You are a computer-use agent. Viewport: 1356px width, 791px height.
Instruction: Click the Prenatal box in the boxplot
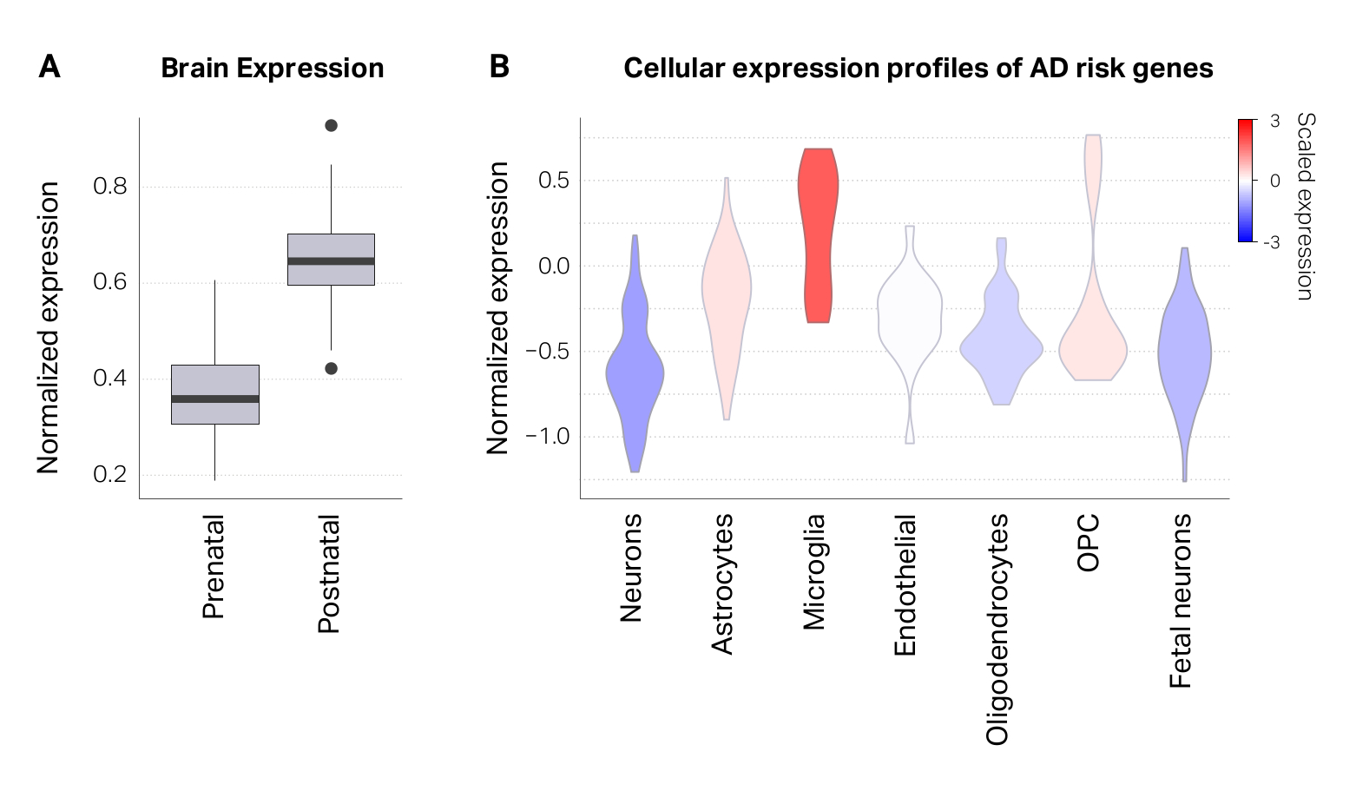click(214, 382)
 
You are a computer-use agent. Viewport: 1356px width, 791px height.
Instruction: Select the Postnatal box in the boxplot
click(331, 247)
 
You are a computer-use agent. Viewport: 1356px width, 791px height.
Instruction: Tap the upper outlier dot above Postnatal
click(331, 126)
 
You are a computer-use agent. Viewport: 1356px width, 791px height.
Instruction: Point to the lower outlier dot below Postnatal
click(331, 368)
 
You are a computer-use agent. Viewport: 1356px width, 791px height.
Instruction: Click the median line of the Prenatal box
click(214, 399)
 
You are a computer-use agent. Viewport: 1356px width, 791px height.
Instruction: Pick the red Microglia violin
click(818, 234)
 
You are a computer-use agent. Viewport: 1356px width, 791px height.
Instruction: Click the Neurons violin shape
click(635, 373)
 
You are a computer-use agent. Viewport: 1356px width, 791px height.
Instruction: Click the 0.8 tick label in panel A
click(109, 187)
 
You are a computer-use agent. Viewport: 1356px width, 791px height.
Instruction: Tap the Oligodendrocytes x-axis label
click(997, 630)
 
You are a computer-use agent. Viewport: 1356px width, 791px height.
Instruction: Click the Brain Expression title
click(272, 69)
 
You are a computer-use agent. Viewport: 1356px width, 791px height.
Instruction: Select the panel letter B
click(499, 67)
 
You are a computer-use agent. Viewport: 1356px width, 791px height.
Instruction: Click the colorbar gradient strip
click(1246, 180)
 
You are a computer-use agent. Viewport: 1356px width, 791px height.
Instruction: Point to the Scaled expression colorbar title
click(1305, 206)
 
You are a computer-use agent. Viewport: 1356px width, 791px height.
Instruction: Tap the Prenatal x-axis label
click(214, 566)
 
